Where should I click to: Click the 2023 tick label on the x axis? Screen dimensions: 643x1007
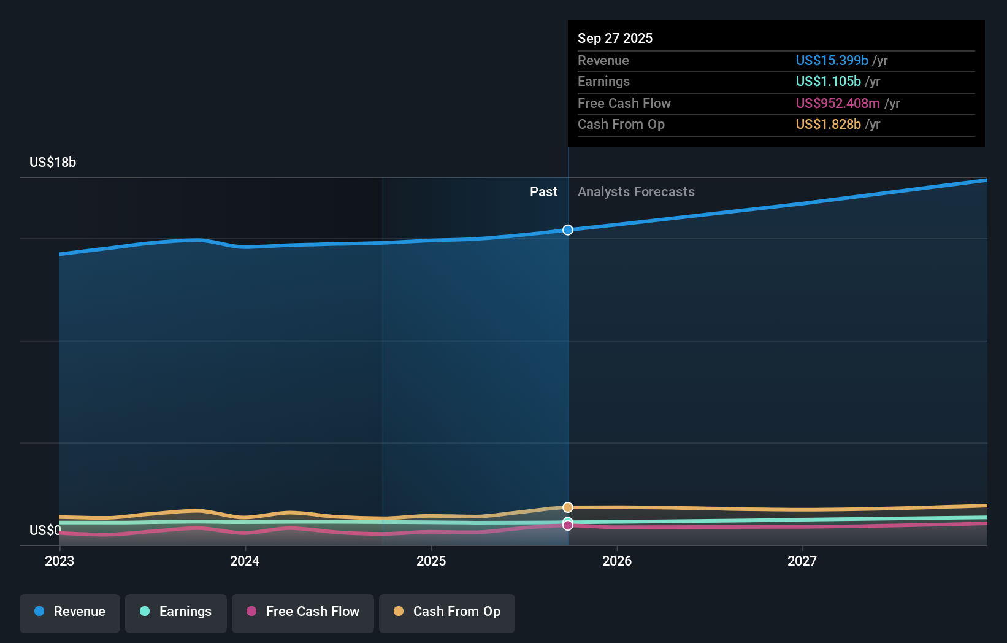coord(59,561)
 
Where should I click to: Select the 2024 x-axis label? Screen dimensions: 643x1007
coord(245,561)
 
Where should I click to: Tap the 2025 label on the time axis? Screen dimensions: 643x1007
coord(431,561)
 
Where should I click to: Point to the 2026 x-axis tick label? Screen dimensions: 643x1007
coord(617,561)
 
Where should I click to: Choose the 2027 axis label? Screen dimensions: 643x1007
coord(802,561)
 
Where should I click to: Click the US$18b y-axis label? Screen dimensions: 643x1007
coord(53,162)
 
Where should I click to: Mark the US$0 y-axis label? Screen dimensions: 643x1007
coord(45,530)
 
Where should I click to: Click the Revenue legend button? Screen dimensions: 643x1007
coord(70,612)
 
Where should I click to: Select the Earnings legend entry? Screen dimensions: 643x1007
coord(176,612)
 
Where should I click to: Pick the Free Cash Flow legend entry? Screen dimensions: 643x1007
coord(303,612)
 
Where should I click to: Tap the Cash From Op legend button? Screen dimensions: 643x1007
coord(447,612)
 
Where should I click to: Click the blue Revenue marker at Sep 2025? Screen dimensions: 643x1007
coord(568,230)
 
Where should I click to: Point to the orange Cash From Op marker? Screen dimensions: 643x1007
coord(568,507)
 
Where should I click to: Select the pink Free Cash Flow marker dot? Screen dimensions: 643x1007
coord(568,526)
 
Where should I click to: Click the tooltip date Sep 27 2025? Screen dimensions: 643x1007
coord(615,38)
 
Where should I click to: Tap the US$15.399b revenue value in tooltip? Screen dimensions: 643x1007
coord(832,60)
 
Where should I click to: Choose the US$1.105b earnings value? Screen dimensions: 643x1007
coord(828,81)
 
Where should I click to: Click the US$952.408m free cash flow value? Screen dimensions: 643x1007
coord(838,103)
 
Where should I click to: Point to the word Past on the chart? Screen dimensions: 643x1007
coord(543,191)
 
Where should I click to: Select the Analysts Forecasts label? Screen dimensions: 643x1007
coord(636,191)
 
